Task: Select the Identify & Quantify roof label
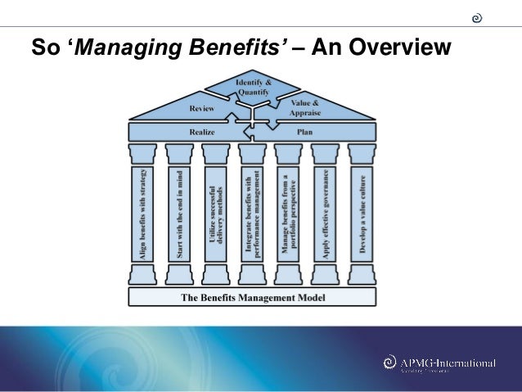(x=253, y=88)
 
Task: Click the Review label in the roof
(x=201, y=108)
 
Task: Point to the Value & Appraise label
(x=305, y=108)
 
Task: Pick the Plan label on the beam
(x=305, y=130)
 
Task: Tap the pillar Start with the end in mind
(x=179, y=214)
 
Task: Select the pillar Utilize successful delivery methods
(x=216, y=214)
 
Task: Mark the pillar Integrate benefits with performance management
(x=253, y=214)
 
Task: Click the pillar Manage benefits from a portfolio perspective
(x=290, y=214)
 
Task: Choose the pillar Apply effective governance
(x=326, y=214)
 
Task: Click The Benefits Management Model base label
(x=253, y=297)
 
